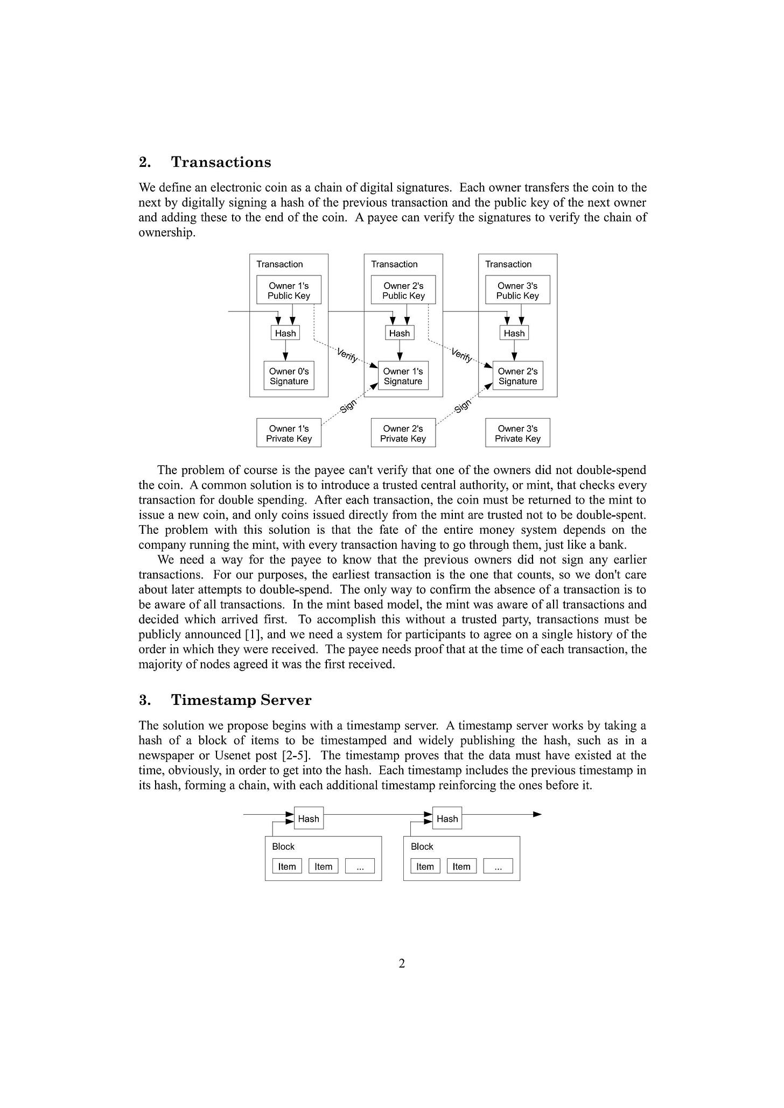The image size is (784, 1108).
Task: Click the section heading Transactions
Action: [x=221, y=163]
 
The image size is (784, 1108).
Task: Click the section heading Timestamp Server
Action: [x=241, y=700]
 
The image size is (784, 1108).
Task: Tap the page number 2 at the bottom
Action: [x=402, y=963]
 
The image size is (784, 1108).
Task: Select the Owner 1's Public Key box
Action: [x=289, y=291]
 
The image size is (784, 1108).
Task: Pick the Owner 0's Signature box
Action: [x=289, y=376]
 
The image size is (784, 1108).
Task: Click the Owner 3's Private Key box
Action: [x=517, y=433]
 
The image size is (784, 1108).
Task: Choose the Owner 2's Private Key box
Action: [x=403, y=433]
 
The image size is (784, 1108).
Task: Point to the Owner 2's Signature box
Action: [x=517, y=376]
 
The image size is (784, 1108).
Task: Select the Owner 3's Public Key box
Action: [x=517, y=291]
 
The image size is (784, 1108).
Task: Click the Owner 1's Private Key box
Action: [x=289, y=433]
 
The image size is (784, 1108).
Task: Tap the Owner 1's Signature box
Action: [x=403, y=376]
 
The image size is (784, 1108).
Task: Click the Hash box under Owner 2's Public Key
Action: [x=400, y=333]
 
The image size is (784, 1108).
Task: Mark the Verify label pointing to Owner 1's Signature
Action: [x=347, y=355]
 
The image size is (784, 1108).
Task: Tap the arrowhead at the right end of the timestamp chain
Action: [x=537, y=814]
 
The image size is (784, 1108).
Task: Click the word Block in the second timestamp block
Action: [x=422, y=846]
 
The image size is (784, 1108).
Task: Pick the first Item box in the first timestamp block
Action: [x=287, y=866]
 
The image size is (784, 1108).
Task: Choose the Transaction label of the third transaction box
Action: [x=508, y=264]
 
